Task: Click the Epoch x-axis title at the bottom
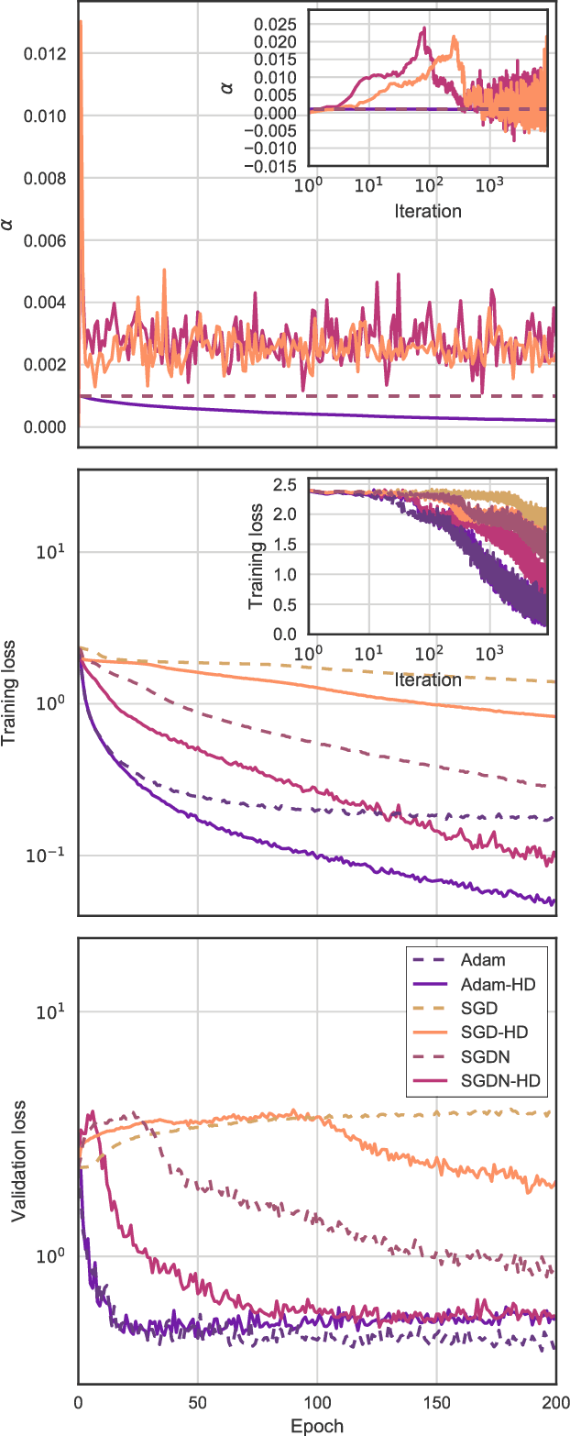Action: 316,1426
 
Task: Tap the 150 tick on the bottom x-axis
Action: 436,1402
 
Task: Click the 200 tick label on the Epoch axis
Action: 554,1402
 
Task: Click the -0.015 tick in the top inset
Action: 270,166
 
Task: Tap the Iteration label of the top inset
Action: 427,211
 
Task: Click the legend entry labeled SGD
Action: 485,1009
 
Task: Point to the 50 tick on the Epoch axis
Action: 197,1402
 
